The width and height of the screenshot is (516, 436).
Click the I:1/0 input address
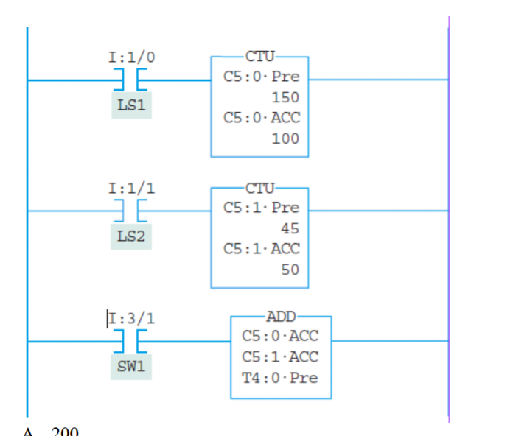(x=131, y=57)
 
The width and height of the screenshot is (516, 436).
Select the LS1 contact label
(x=131, y=105)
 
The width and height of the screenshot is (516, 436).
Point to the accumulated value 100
(x=285, y=138)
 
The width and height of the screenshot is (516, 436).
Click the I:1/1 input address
(x=131, y=188)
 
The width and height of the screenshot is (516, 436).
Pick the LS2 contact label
(x=131, y=236)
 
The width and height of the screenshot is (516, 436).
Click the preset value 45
(x=290, y=228)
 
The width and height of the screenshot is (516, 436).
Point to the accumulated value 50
(x=290, y=270)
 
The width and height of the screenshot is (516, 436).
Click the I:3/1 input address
(x=131, y=318)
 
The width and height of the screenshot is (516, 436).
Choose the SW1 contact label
(x=131, y=366)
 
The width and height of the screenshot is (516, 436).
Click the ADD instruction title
(x=281, y=317)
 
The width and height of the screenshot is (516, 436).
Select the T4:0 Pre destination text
(x=280, y=379)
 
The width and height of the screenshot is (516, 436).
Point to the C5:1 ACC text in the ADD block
(x=280, y=357)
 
